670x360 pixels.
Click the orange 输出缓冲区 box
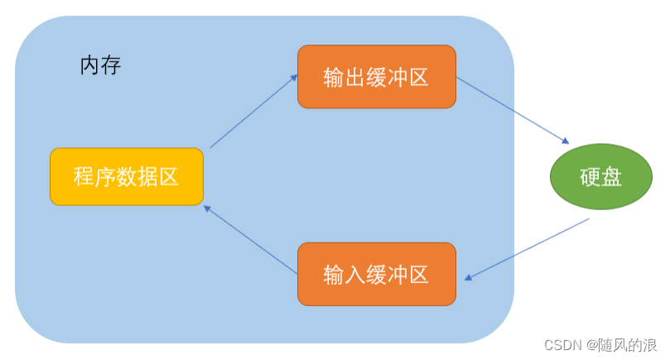(377, 77)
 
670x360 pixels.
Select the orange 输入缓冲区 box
(377, 274)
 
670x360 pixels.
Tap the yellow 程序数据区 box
(127, 176)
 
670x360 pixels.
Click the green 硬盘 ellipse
(601, 176)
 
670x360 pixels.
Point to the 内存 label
(100, 65)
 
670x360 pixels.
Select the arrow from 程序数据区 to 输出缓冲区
(253, 112)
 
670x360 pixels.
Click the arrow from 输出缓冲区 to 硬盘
(512, 111)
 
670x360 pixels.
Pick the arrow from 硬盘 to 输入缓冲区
(527, 249)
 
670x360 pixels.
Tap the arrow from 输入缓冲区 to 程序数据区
(250, 240)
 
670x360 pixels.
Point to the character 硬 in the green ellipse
(590, 176)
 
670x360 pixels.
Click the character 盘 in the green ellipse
(612, 176)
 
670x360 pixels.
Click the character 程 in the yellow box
(84, 176)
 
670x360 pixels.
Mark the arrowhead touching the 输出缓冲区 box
(293, 78)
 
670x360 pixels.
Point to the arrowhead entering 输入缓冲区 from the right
(469, 277)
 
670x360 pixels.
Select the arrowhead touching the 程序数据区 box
(208, 209)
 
